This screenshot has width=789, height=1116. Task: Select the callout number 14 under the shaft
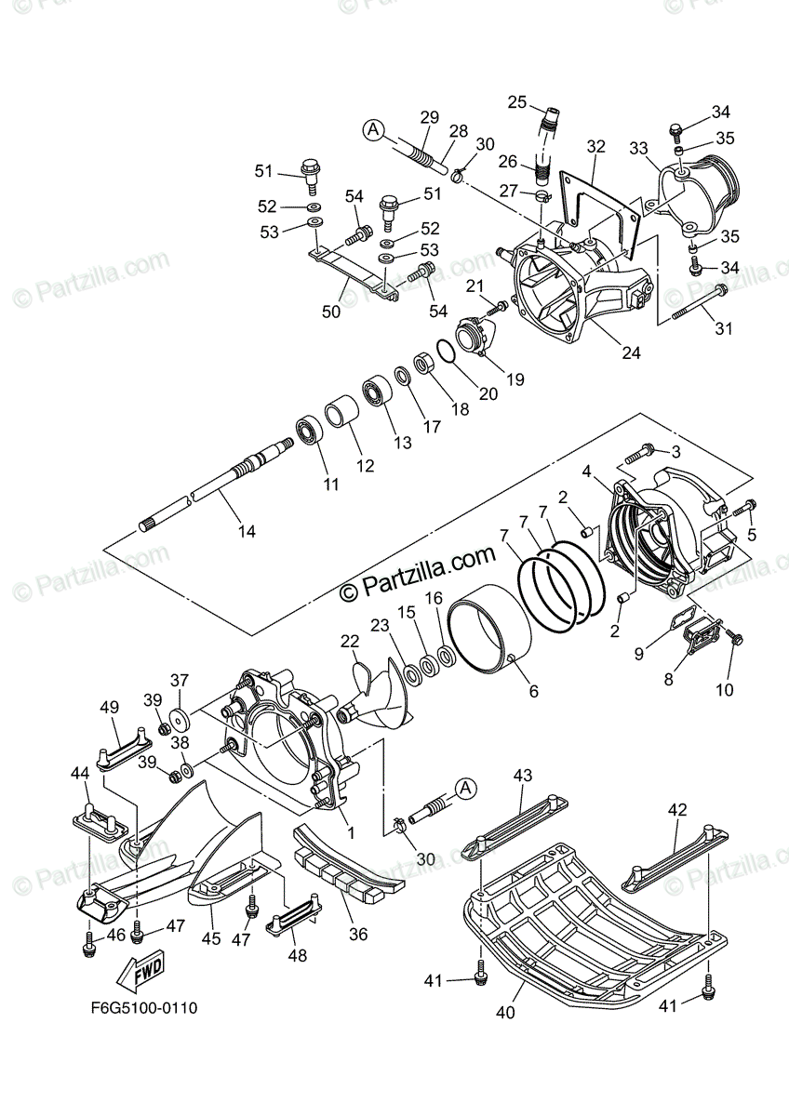click(x=247, y=532)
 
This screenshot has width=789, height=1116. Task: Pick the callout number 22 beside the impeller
click(x=349, y=642)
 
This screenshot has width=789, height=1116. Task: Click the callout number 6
click(x=533, y=691)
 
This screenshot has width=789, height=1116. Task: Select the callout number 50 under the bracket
click(x=331, y=312)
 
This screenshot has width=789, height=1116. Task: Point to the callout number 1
click(x=351, y=833)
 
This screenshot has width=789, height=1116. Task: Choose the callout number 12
click(x=366, y=465)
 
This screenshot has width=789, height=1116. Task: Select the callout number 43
click(x=522, y=776)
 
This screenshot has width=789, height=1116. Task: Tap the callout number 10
click(x=724, y=689)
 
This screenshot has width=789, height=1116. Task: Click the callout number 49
click(x=109, y=709)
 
